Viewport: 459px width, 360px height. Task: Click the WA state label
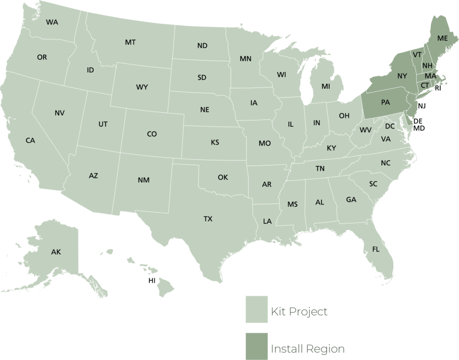pos(52,22)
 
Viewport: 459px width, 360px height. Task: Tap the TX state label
pos(208,219)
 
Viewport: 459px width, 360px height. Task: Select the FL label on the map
pos(376,249)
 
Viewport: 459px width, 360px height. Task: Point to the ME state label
pos(442,39)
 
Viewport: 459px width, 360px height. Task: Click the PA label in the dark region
pos(385,102)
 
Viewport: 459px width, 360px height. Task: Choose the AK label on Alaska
pos(56,252)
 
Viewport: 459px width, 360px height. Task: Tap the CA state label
pos(30,141)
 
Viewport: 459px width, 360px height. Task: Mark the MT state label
pos(130,43)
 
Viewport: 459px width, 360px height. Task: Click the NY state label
pos(402,76)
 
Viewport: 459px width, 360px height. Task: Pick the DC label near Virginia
pos(390,127)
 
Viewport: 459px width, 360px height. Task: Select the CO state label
pos(152,134)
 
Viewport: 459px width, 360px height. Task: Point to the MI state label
pos(325,86)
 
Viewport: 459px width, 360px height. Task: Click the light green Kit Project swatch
pos(256,309)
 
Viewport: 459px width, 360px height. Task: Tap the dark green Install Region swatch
pos(256,346)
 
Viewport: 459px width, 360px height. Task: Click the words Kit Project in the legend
pos(299,312)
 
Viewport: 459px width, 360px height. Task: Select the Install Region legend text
pos(307,349)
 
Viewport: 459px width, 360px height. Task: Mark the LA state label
pos(267,221)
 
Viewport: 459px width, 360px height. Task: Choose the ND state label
pos(202,46)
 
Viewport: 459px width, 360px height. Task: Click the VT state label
pos(417,55)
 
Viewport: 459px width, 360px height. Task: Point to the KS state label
pos(215,143)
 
